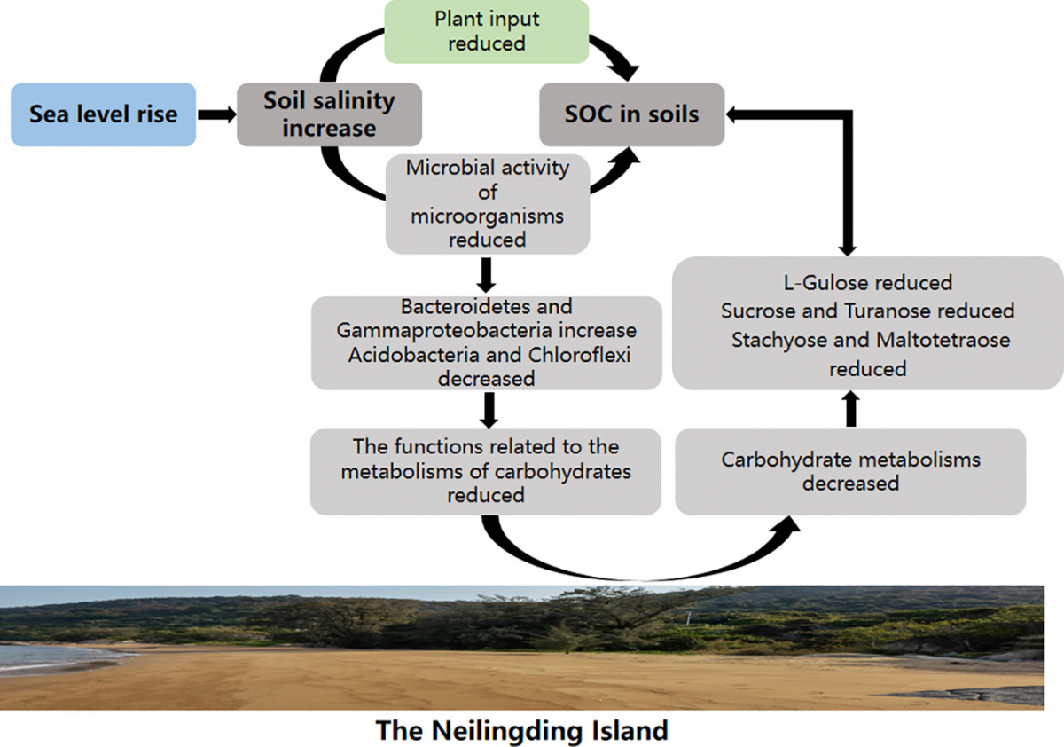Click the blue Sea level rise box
[103, 114]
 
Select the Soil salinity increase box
[328, 114]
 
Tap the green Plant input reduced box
[486, 31]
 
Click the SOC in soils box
[631, 114]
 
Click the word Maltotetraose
[943, 340]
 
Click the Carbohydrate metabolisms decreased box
[850, 471]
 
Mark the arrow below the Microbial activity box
[486, 275]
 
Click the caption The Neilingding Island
[521, 731]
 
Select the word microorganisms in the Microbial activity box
[487, 216]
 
